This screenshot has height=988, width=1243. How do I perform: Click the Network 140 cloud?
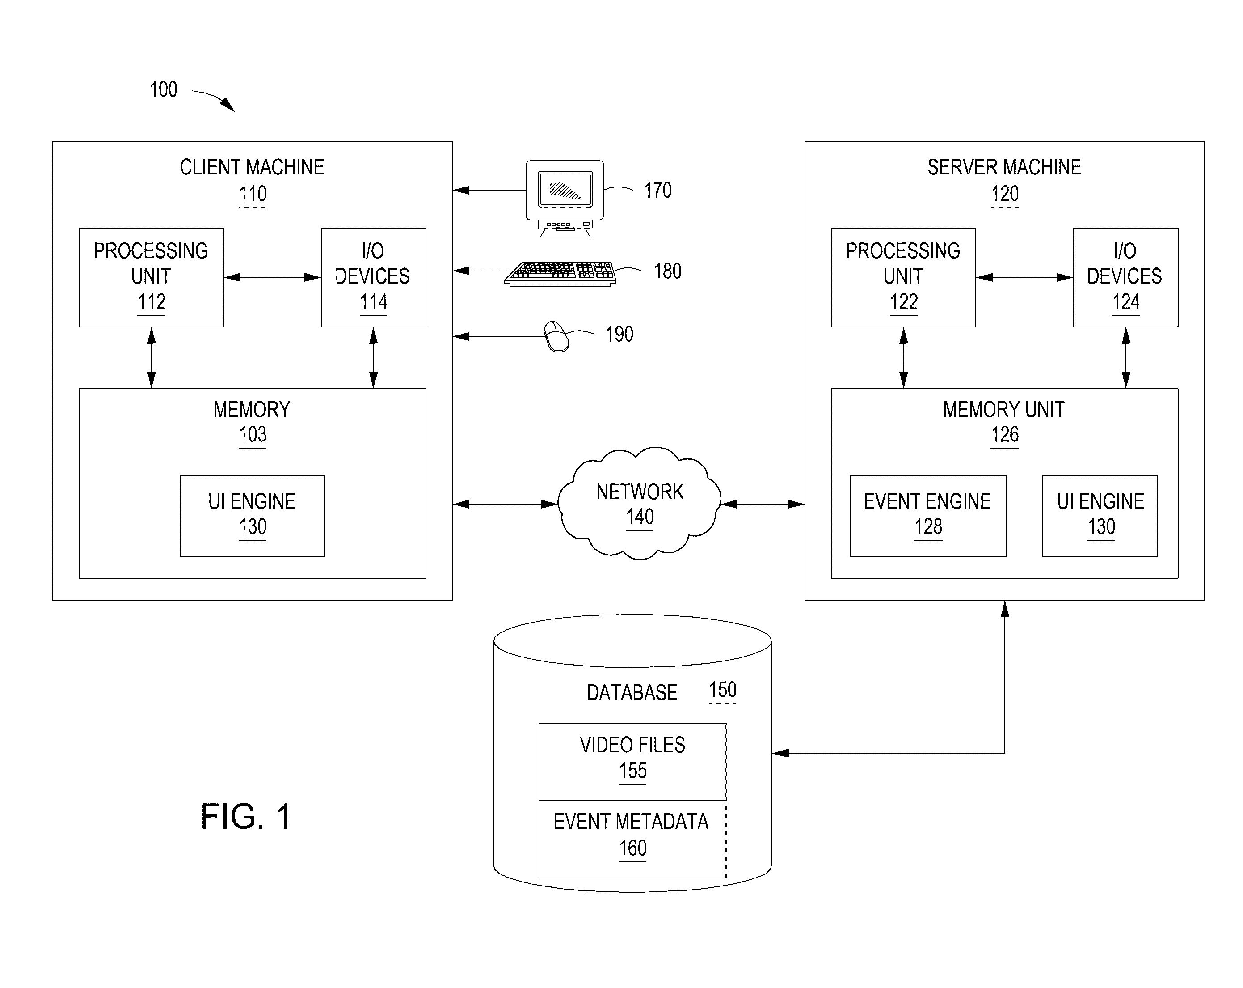point(639,504)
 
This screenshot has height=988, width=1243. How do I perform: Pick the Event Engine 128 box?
point(927,516)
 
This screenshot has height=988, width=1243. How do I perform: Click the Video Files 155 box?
point(632,761)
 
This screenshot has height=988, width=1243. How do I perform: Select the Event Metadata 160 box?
point(632,839)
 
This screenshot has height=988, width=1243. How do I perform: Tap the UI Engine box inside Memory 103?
point(252,516)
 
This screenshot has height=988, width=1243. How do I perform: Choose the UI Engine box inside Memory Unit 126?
point(1100,516)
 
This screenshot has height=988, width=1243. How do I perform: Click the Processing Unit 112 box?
point(151,277)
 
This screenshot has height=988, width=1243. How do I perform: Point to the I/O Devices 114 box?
point(373,277)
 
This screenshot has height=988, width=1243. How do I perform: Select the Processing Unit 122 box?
point(903,277)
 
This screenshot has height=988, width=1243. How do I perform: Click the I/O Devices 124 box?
point(1125,277)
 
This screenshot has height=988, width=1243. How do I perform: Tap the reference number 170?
point(657,191)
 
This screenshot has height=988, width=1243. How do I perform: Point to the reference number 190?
point(619,334)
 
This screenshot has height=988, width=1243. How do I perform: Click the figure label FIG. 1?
point(245,817)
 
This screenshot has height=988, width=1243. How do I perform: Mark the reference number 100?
point(163,89)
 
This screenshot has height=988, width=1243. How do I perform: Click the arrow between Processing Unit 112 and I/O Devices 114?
point(272,277)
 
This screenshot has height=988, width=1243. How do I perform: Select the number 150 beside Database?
point(722,690)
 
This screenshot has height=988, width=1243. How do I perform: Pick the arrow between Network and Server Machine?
point(763,504)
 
